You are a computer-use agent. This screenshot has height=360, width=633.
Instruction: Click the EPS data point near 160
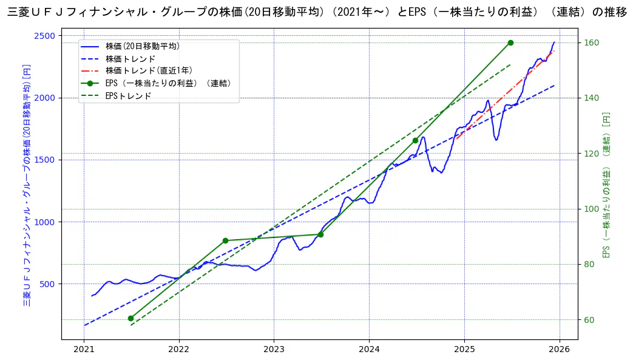click(510, 42)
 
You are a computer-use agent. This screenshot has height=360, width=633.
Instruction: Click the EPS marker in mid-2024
click(415, 140)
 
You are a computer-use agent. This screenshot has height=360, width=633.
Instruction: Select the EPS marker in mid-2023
click(320, 234)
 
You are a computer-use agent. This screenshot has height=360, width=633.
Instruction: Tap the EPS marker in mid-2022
click(225, 240)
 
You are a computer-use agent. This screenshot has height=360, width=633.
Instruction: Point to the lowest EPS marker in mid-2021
click(130, 318)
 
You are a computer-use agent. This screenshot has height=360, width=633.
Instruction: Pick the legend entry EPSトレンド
click(128, 96)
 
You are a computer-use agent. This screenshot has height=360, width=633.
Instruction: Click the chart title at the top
click(316, 12)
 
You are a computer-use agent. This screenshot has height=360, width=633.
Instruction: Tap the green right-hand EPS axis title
click(606, 185)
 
